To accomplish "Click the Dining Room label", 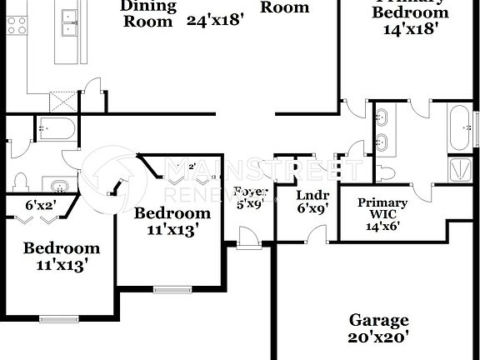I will (x=148, y=13).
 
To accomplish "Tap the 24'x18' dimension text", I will (x=215, y=21).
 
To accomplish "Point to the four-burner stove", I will (x=17, y=26).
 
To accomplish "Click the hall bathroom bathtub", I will (x=57, y=129).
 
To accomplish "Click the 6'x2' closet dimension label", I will (x=39, y=204).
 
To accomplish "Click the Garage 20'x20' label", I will (x=378, y=328).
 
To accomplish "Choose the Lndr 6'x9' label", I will (x=313, y=203).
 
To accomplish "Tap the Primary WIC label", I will (x=382, y=209).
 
